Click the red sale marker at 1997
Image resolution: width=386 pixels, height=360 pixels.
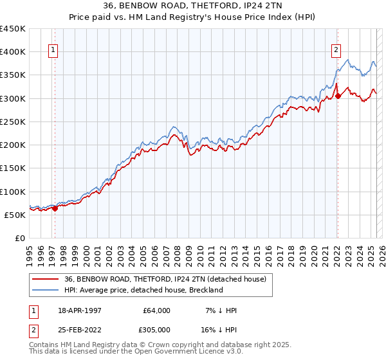(x=55, y=208)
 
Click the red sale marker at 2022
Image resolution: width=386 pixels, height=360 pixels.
(x=338, y=96)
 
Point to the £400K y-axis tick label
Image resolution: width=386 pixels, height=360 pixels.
(x=12, y=52)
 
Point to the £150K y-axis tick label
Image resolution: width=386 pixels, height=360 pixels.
(x=12, y=168)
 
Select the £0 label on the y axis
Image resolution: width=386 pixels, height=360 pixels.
(x=19, y=238)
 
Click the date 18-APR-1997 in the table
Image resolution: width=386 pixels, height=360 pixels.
(x=76, y=310)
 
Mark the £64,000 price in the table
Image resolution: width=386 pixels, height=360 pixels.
(x=156, y=310)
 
